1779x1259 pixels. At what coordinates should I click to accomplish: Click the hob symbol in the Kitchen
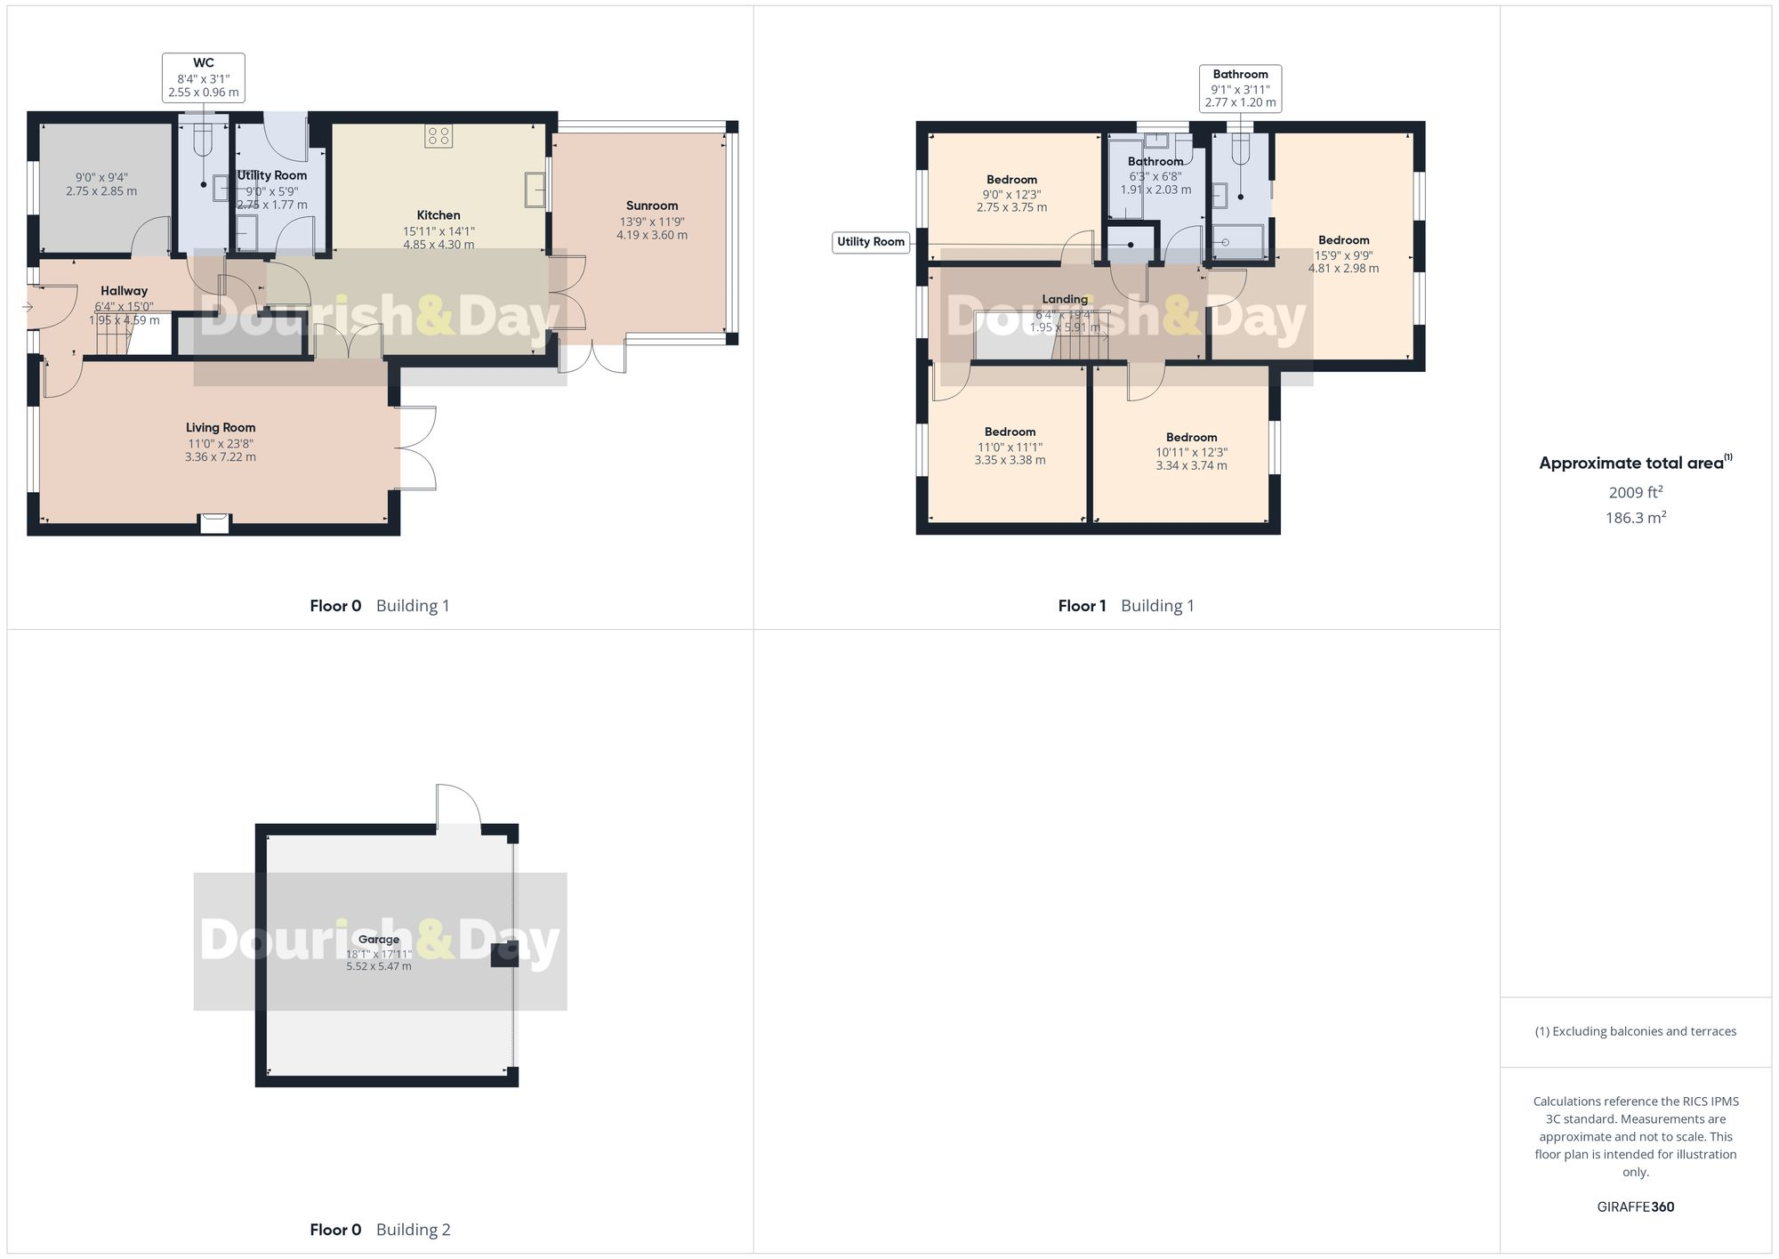(439, 135)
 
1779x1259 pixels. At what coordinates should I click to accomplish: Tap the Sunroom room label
(651, 206)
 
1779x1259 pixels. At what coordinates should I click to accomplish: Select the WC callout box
(204, 77)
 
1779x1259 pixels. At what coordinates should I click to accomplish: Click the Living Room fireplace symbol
(214, 523)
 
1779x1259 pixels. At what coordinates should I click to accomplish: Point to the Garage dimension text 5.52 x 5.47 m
(379, 966)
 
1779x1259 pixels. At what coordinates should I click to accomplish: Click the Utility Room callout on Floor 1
(871, 242)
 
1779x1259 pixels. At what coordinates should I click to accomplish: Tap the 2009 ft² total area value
(1635, 492)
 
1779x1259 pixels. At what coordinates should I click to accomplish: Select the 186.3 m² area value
(1635, 518)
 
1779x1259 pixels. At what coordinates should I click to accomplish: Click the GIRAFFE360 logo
(1635, 1207)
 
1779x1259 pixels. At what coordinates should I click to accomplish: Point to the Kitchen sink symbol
(535, 190)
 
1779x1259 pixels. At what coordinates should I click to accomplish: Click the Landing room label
(1065, 299)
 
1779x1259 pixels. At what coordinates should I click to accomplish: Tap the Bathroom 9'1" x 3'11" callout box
(1240, 88)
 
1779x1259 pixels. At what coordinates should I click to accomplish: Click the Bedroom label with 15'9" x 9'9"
(1343, 240)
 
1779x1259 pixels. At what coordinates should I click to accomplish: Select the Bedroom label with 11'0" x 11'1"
(1010, 432)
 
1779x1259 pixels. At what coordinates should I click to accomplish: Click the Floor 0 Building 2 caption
(380, 1230)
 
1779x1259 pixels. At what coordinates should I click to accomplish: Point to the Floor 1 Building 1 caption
(1126, 606)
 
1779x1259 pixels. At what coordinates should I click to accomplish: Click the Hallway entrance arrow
(28, 308)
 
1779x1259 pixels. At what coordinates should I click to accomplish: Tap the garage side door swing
(458, 806)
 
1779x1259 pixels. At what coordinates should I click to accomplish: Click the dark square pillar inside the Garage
(504, 954)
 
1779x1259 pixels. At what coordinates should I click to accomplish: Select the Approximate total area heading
(1635, 463)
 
